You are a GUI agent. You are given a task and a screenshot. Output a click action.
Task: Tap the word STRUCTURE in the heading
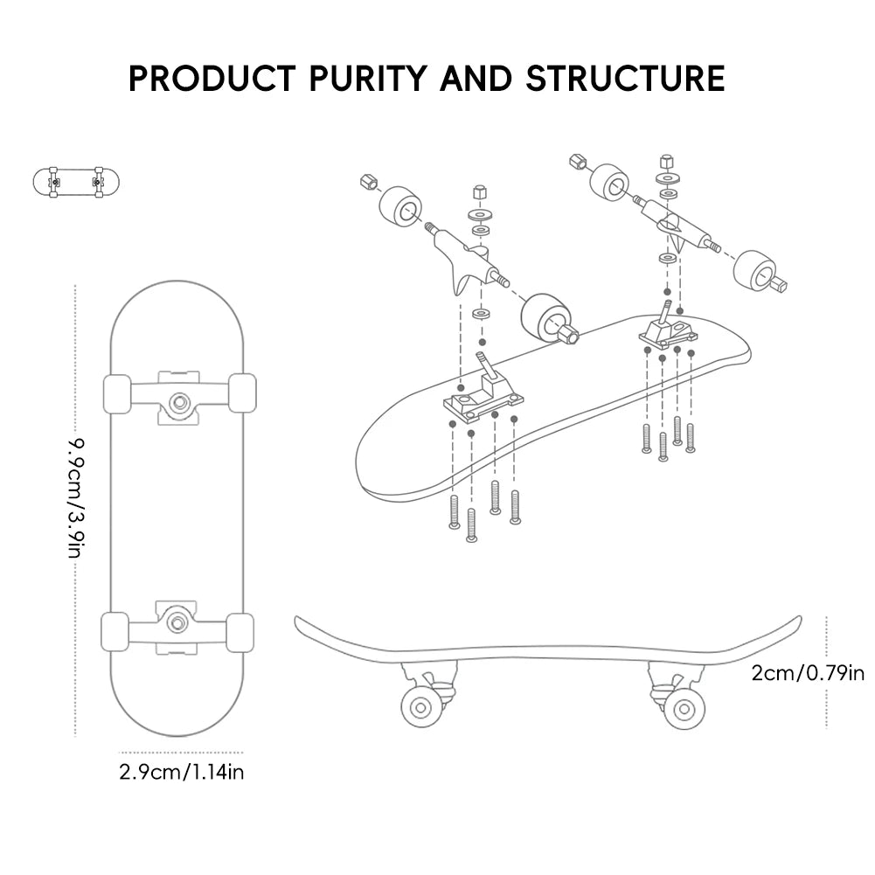coord(625,78)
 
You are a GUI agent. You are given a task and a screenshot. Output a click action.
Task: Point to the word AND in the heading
coord(476,78)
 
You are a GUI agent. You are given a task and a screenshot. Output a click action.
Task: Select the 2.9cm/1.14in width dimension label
coord(181,773)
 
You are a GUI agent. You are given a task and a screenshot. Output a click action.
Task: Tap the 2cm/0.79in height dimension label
coord(808,672)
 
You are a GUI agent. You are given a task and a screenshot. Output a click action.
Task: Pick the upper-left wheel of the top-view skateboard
coord(117,392)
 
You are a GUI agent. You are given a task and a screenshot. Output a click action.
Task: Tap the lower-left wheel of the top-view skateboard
coord(115,630)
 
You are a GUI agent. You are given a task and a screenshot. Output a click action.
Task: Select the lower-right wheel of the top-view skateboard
coord(240,631)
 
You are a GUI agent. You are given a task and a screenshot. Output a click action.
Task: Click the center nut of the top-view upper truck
coord(180,401)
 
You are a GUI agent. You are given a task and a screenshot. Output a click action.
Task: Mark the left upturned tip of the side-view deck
coord(302,622)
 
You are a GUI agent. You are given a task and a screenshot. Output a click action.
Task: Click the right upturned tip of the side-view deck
coord(795,622)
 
